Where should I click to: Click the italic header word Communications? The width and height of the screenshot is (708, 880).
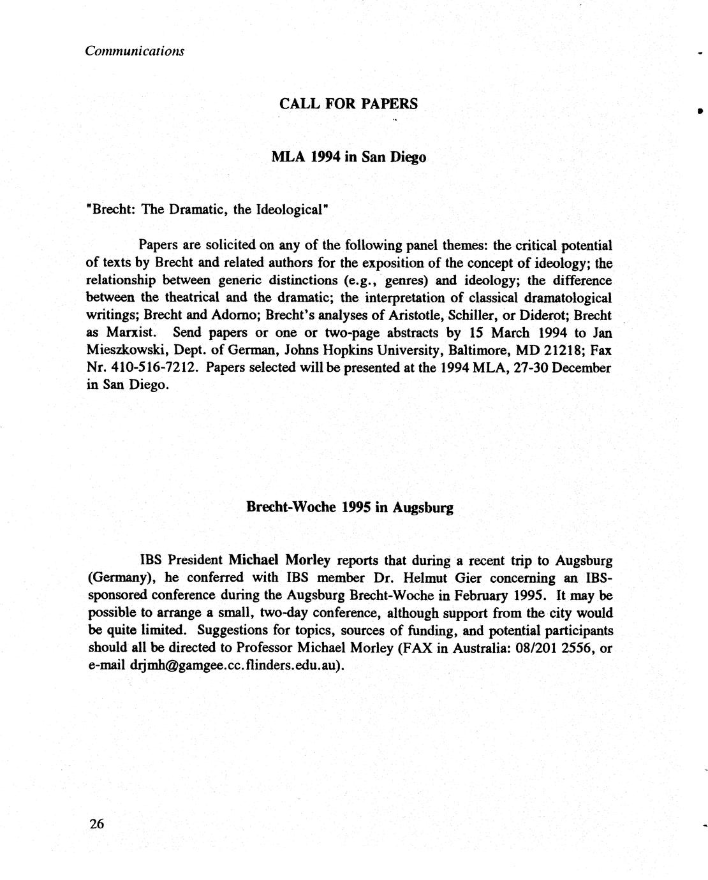point(135,50)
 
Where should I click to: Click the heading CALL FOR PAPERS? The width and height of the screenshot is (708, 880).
point(348,104)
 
